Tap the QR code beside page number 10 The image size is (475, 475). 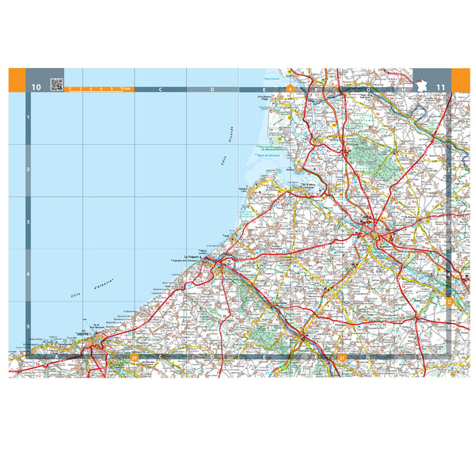click(56, 84)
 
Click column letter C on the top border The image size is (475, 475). click(160, 89)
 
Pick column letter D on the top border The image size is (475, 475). click(212, 89)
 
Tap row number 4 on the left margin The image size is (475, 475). click(28, 275)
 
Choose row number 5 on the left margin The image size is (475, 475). click(28, 326)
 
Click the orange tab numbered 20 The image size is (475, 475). click(135, 358)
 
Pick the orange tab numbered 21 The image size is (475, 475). click(341, 358)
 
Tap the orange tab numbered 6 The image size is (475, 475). click(290, 89)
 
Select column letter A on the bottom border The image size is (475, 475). click(57, 358)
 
